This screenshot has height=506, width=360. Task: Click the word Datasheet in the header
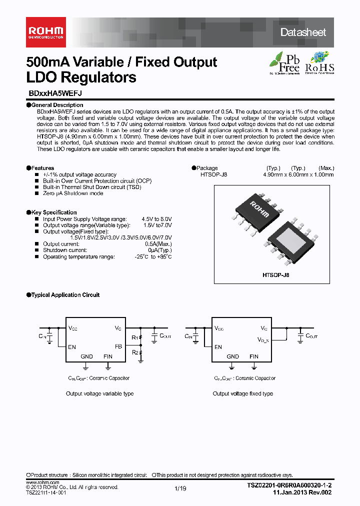pyautogui.click(x=303, y=32)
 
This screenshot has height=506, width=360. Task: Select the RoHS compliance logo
pyautogui.click(x=319, y=62)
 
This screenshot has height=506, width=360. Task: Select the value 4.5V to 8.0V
pyautogui.click(x=156, y=219)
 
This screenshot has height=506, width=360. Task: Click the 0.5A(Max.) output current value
pyautogui.click(x=159, y=244)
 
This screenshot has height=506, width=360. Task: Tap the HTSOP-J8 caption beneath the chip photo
pyautogui.click(x=276, y=275)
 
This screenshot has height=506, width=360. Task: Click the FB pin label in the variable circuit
pyautogui.click(x=118, y=346)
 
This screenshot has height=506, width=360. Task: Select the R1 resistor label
pyautogui.click(x=134, y=337)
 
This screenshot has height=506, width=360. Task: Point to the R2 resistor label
pyautogui.click(x=134, y=352)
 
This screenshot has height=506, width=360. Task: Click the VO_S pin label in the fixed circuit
pyautogui.click(x=263, y=340)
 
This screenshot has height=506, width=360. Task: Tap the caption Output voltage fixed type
pyautogui.click(x=243, y=393)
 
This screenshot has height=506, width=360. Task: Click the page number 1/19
pyautogui.click(x=180, y=489)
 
